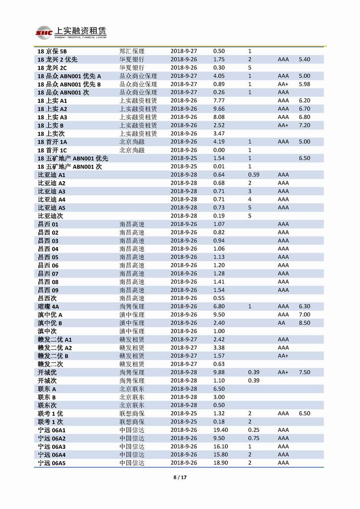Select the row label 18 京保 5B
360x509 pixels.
coord(52,51)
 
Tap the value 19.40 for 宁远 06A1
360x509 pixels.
coord(220,430)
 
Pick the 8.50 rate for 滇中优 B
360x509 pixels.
coord(304,323)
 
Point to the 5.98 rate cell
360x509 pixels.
coord(304,84)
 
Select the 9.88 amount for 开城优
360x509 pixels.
coord(219,372)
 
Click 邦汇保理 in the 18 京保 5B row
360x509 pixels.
coord(132,51)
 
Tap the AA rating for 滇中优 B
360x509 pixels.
coord(281,323)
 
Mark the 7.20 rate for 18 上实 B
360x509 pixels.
coord(304,125)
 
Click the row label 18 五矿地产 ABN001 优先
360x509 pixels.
coord(73,158)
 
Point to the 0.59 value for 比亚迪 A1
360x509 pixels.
coord(254,175)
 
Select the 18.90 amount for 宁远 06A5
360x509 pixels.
coord(220,463)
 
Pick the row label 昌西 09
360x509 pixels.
coord(48,290)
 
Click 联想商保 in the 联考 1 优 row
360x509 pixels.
coord(132,413)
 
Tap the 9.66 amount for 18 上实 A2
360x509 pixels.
coord(219,109)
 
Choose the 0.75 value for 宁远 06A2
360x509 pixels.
coord(254,438)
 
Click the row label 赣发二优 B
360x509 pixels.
coord(53,356)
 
